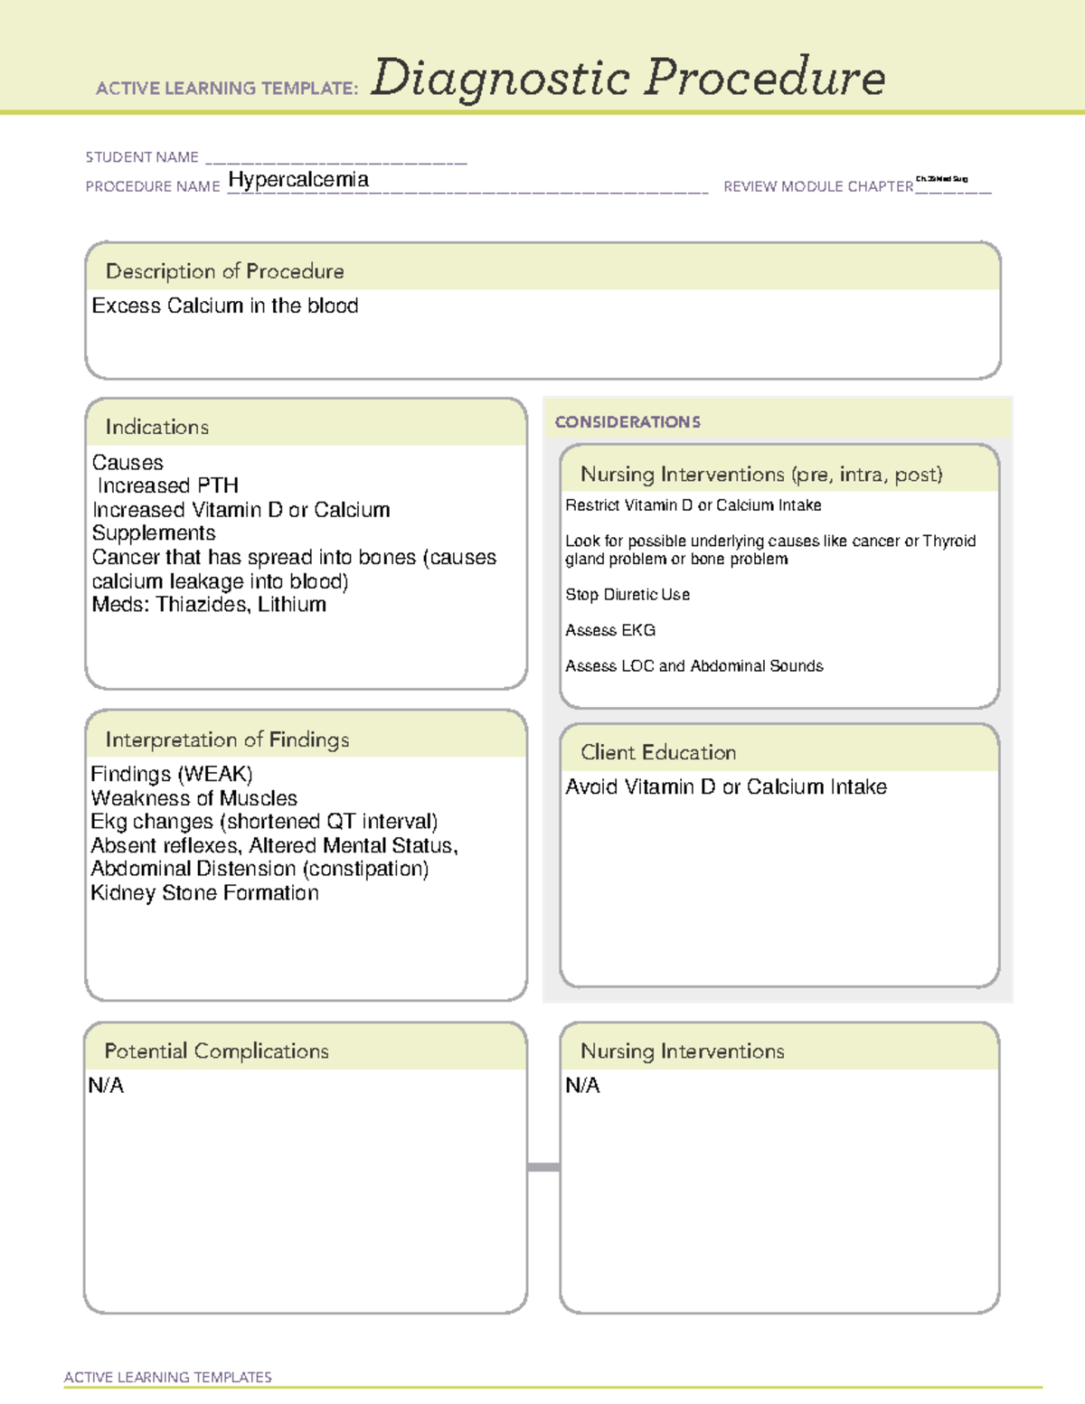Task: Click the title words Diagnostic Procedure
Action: point(627,78)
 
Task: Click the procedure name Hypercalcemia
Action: point(298,180)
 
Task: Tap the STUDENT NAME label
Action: point(142,157)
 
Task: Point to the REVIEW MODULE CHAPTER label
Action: point(817,187)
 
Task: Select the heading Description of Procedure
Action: point(224,271)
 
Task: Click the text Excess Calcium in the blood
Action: point(225,306)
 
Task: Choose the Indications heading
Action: point(156,427)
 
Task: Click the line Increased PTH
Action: point(168,486)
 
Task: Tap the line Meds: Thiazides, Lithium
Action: point(209,605)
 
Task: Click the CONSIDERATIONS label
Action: point(627,422)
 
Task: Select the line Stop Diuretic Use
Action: point(627,595)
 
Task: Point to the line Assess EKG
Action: point(610,630)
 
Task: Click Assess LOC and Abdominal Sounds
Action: point(693,666)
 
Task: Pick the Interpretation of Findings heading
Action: point(227,740)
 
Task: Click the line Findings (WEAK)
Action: point(172,775)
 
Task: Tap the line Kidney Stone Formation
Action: point(204,893)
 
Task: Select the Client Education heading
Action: point(658,752)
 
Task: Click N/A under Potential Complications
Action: point(106,1086)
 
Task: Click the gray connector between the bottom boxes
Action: point(543,1167)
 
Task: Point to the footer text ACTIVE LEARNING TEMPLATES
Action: point(168,1377)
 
